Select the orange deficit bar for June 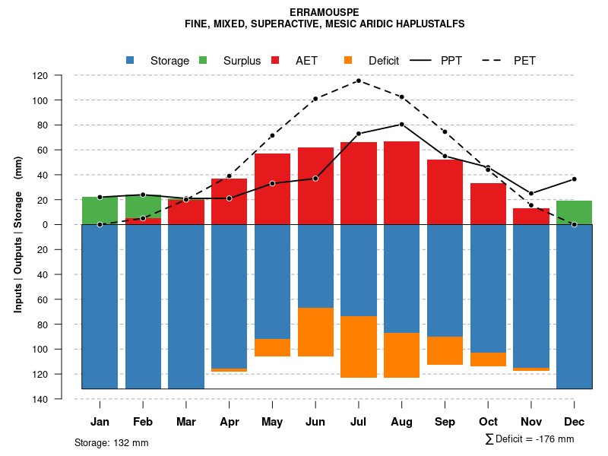click(315, 332)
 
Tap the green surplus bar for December click(574, 213)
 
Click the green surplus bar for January click(100, 211)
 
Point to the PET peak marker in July click(359, 81)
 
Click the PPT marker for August click(402, 124)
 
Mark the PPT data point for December click(575, 179)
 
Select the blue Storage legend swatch click(130, 60)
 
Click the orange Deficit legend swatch click(348, 60)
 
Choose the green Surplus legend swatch click(203, 60)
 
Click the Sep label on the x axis click(445, 422)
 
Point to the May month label click(272, 422)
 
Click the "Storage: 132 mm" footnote click(112, 442)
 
